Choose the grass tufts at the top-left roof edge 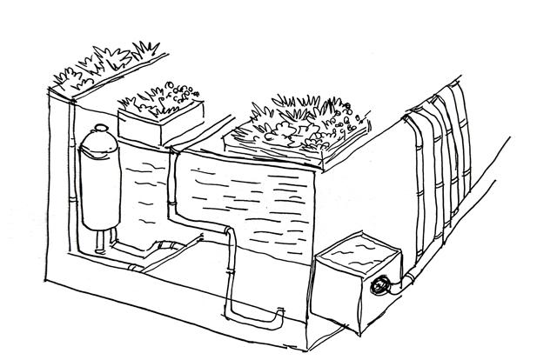pyautogui.click(x=104, y=61)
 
